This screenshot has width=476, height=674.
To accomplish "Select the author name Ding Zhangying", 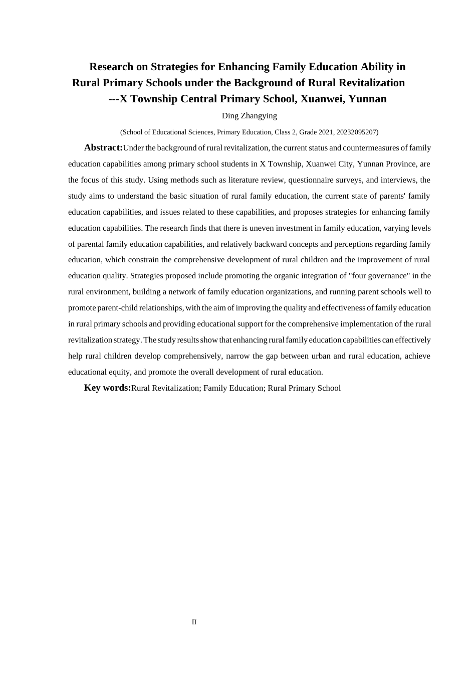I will click(249, 116).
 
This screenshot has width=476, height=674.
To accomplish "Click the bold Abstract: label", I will click(103, 147).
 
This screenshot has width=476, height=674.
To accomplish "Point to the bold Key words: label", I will click(107, 388).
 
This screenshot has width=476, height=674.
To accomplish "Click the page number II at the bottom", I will click(194, 622).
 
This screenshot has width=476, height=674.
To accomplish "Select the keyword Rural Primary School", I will click(304, 388).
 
